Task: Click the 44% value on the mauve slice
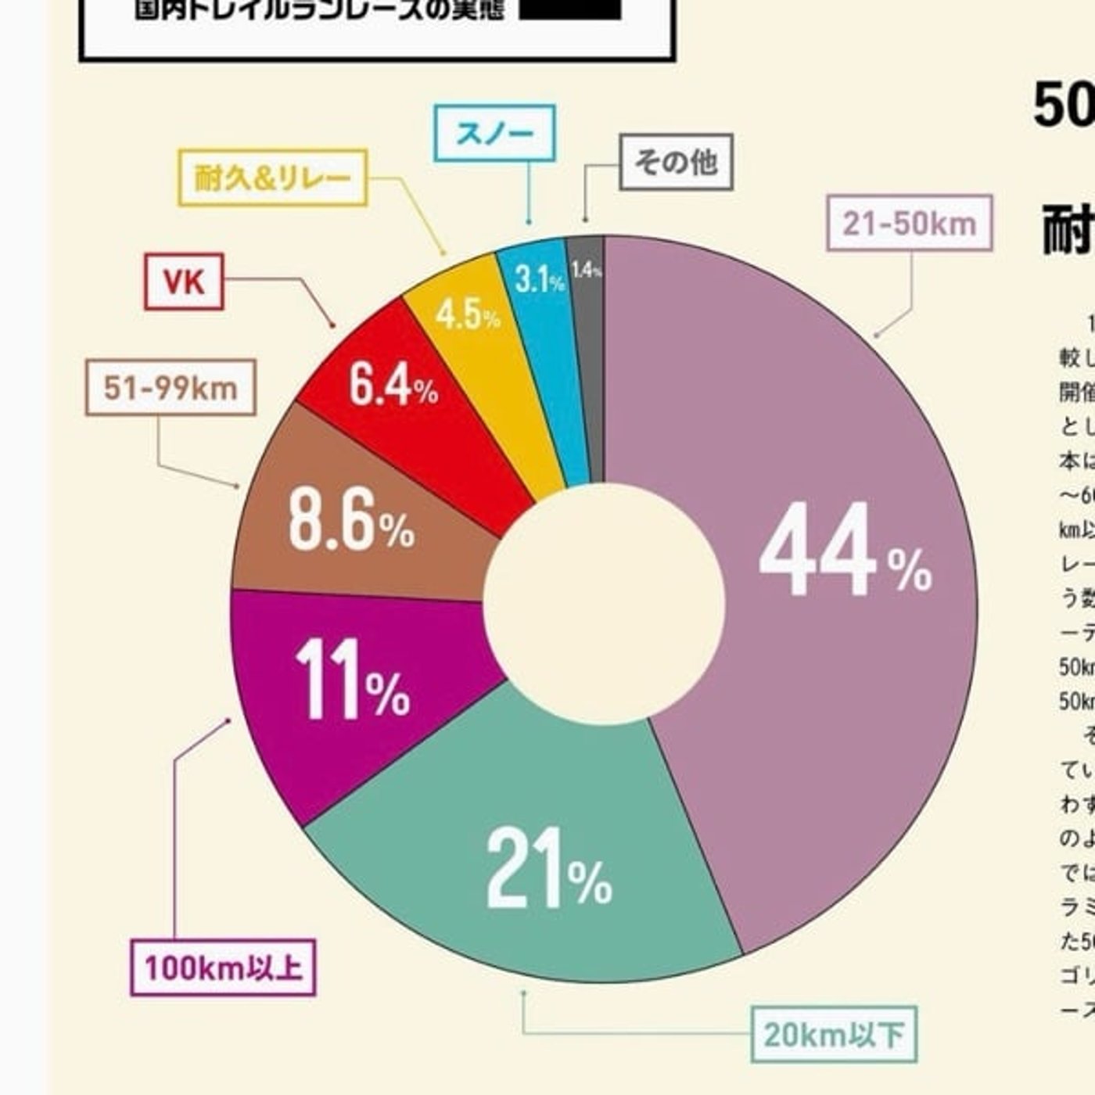click(x=845, y=550)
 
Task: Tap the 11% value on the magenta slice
click(x=352, y=679)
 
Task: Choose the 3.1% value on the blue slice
click(x=539, y=278)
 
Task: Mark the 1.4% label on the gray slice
click(x=586, y=271)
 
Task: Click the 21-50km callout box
click(x=910, y=224)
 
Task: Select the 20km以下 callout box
click(x=834, y=1034)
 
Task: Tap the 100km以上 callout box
click(x=223, y=968)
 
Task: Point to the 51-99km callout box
click(x=171, y=387)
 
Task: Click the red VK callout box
click(x=184, y=282)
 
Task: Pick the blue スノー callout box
click(x=494, y=133)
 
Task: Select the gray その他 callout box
click(x=676, y=162)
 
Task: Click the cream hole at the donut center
click(x=604, y=602)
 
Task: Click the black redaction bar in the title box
click(x=570, y=9)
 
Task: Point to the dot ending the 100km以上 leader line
click(x=228, y=720)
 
